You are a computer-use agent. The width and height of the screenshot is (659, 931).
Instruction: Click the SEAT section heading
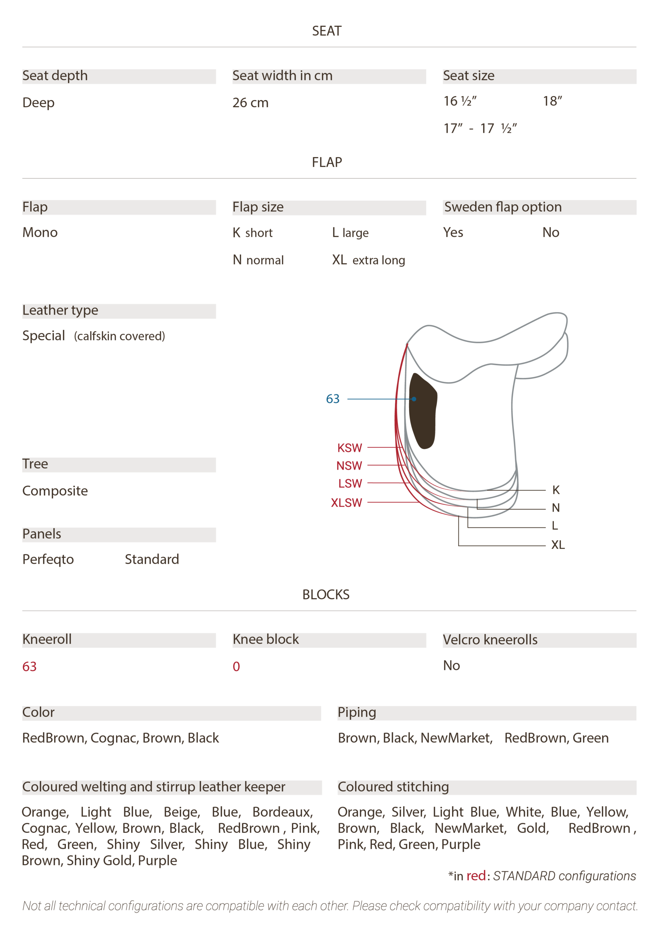[x=327, y=31]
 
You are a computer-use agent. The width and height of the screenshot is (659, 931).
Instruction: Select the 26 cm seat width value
[x=250, y=103]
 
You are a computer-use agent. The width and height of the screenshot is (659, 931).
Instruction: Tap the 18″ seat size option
[x=553, y=101]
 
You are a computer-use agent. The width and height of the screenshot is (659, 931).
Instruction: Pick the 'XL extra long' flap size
[x=369, y=260]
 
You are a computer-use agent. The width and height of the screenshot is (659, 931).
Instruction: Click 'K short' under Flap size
[x=253, y=233]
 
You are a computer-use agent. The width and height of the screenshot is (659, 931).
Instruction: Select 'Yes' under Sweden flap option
[x=453, y=232]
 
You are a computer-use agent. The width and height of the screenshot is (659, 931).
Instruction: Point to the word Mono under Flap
[x=40, y=232]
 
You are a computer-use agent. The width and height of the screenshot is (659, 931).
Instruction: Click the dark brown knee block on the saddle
[x=423, y=410]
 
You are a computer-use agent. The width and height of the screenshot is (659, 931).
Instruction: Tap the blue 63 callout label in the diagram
[x=333, y=399]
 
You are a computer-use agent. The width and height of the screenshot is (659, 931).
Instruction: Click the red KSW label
[x=349, y=448]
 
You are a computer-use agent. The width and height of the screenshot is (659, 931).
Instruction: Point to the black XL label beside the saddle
[x=558, y=544]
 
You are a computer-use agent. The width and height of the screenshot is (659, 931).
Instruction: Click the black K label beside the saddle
[x=556, y=490]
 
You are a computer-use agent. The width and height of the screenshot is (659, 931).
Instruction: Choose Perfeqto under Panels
[x=48, y=560]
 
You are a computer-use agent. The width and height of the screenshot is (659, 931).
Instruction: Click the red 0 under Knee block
[x=236, y=667]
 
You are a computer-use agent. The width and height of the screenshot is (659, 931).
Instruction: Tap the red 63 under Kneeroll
[x=29, y=667]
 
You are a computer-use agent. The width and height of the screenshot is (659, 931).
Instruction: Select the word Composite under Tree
[x=55, y=491]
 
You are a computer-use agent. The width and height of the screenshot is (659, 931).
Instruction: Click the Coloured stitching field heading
[x=393, y=787]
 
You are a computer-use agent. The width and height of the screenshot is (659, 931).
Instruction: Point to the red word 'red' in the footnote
[x=476, y=876]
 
